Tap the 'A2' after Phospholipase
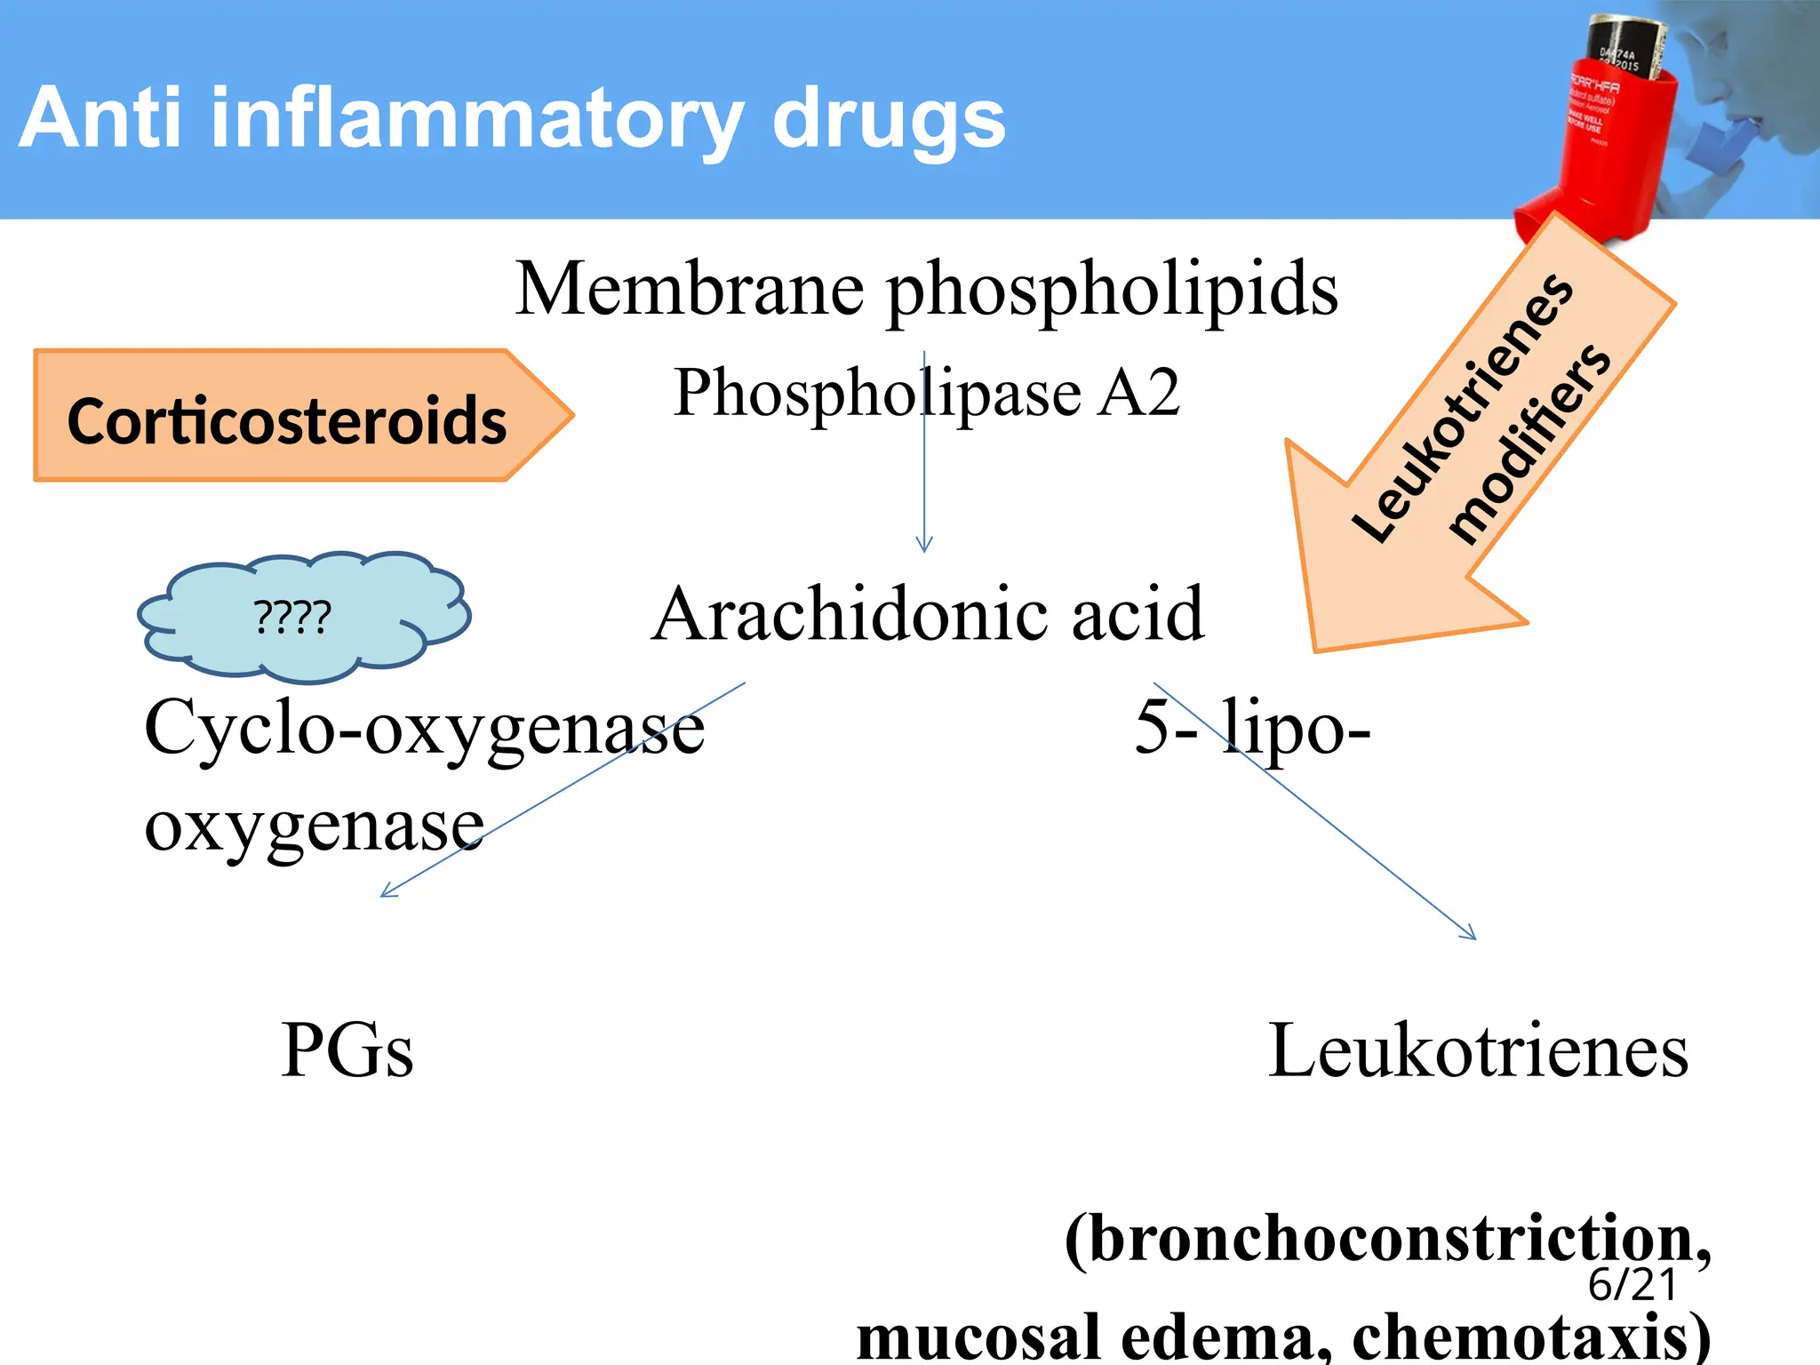tap(1137, 392)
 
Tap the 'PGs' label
tap(347, 1050)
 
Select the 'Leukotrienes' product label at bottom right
tap(1477, 1050)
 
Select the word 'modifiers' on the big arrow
tap(1529, 444)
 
